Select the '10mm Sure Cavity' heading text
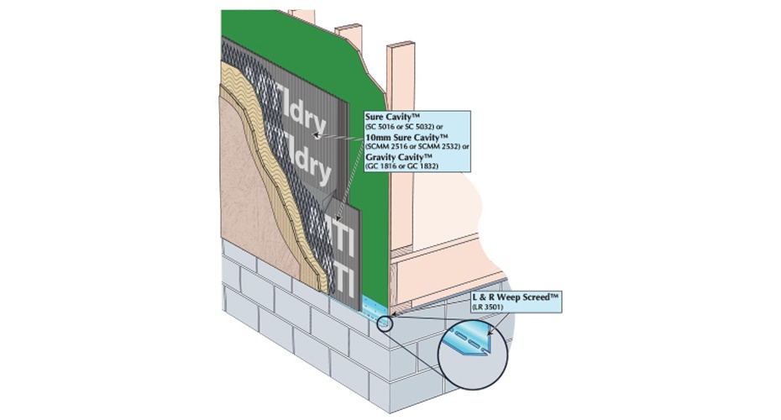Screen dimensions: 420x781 [406, 136]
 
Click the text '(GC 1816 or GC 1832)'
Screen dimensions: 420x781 [403, 165]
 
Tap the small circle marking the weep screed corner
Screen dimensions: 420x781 [384, 323]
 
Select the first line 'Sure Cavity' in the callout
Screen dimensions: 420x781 [390, 117]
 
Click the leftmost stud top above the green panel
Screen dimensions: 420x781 [301, 15]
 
